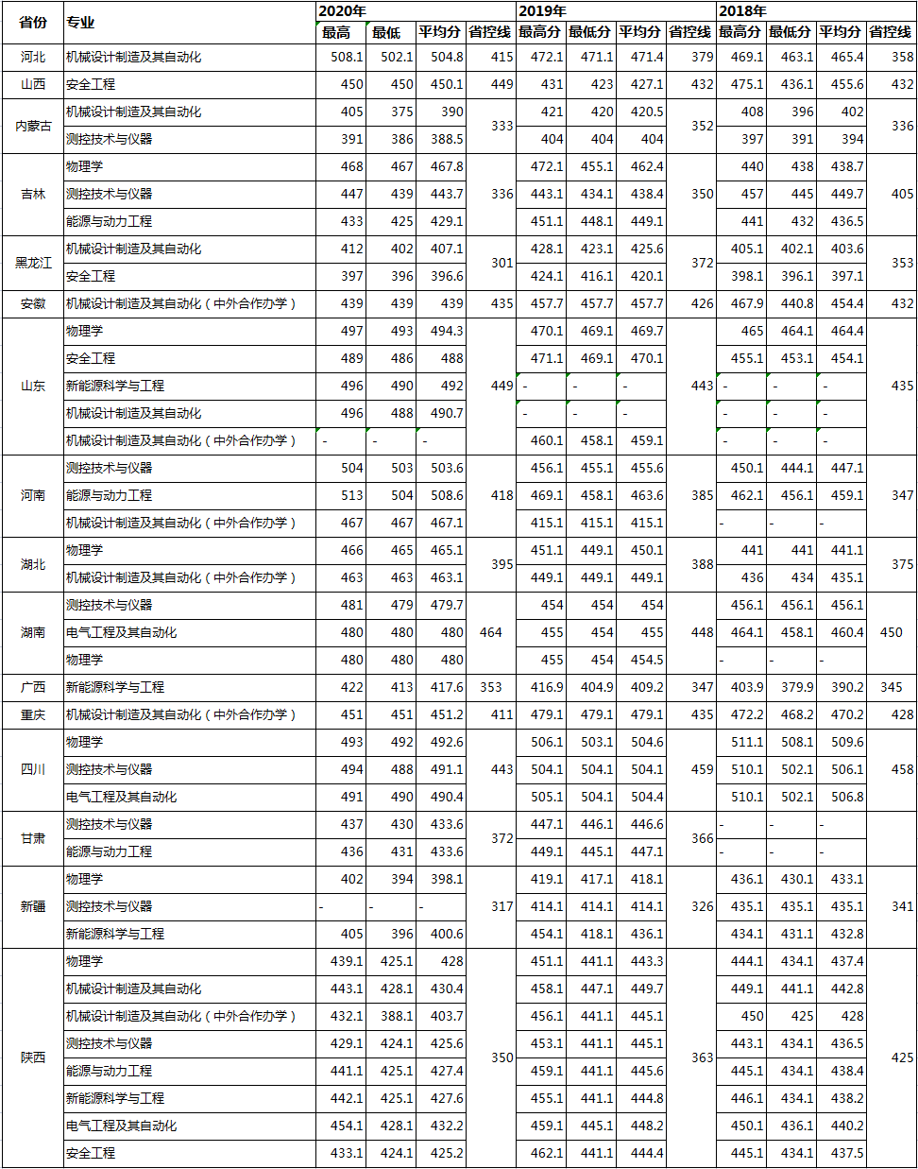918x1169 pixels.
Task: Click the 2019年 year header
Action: tap(542, 10)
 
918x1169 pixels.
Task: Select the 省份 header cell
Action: tap(33, 22)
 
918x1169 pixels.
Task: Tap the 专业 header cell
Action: tap(80, 22)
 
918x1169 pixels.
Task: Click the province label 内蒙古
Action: tap(33, 126)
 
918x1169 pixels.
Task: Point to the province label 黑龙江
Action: tap(33, 263)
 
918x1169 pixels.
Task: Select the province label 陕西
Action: tap(33, 1057)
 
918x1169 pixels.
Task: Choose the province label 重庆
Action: tap(33, 714)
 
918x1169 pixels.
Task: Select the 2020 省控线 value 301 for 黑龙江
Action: tap(501, 263)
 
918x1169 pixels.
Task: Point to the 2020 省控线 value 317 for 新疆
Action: tap(501, 906)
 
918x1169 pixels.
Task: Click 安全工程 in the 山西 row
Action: tap(91, 84)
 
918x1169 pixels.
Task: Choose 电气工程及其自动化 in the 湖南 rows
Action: tap(121, 632)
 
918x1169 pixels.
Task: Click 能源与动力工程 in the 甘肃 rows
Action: tap(109, 851)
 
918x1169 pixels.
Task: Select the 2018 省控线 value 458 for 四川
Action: tap(902, 769)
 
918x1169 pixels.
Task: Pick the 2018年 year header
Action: tap(742, 10)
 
